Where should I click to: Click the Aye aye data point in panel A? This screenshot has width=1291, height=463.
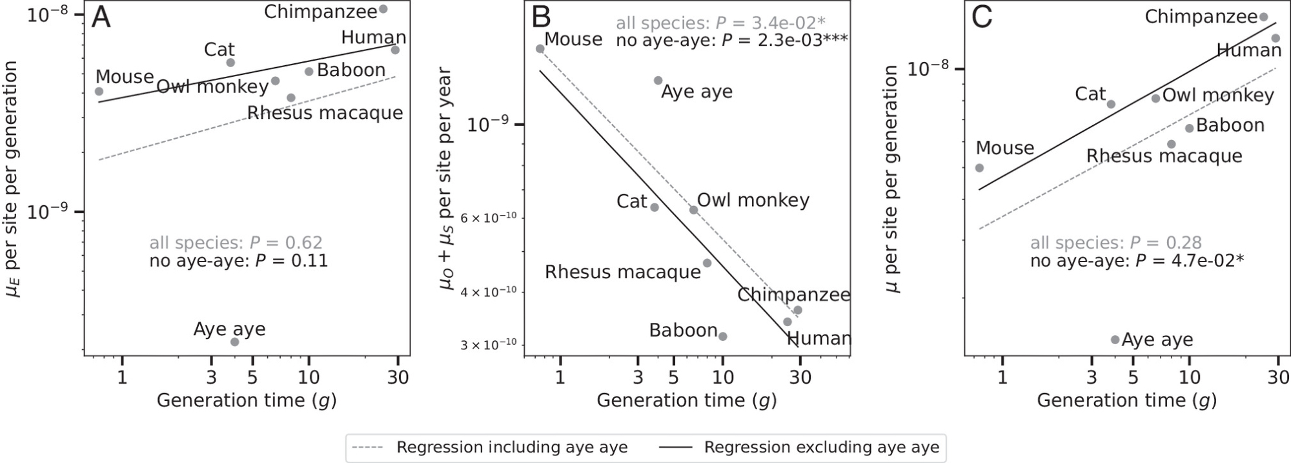pos(235,342)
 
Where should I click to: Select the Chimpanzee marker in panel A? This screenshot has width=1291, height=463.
pos(383,9)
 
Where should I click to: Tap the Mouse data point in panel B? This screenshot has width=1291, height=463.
pos(540,48)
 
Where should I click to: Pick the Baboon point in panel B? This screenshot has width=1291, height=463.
pos(723,336)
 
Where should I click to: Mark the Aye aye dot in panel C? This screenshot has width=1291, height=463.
pos(1115,340)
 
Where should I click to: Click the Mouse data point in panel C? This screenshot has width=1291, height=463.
pos(979,168)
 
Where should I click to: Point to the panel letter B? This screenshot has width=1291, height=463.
pos(541,17)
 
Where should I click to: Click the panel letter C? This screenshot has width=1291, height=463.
pos(982,17)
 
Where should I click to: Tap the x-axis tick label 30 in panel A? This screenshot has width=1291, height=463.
pos(398,377)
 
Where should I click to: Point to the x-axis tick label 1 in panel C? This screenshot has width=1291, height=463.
pos(1002,377)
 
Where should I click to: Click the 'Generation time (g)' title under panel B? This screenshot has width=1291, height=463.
pos(686,400)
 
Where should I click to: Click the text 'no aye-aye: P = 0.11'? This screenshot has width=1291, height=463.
pos(238,261)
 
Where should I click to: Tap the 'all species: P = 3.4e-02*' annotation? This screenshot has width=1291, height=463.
pos(720,23)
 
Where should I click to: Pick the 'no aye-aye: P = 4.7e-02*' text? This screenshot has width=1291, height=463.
pos(1137,261)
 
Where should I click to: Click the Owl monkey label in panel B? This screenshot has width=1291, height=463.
pos(753,200)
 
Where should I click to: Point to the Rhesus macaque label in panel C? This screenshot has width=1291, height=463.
pos(1164,156)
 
